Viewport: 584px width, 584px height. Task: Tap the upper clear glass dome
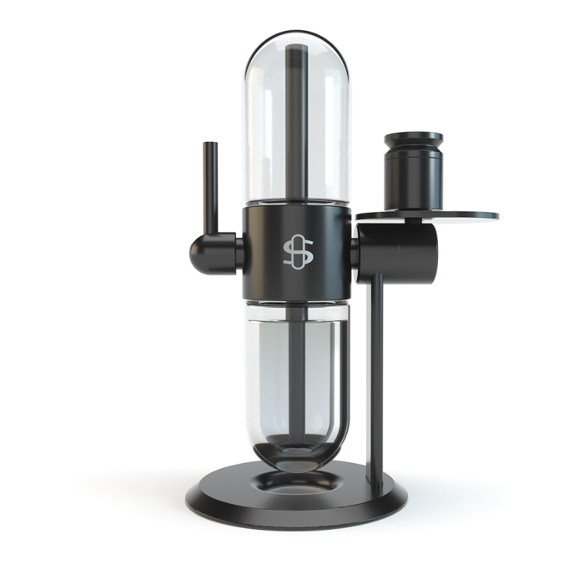tap(325, 125)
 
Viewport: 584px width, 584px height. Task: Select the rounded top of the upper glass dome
tap(297, 38)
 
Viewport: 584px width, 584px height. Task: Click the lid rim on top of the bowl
tap(414, 137)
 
